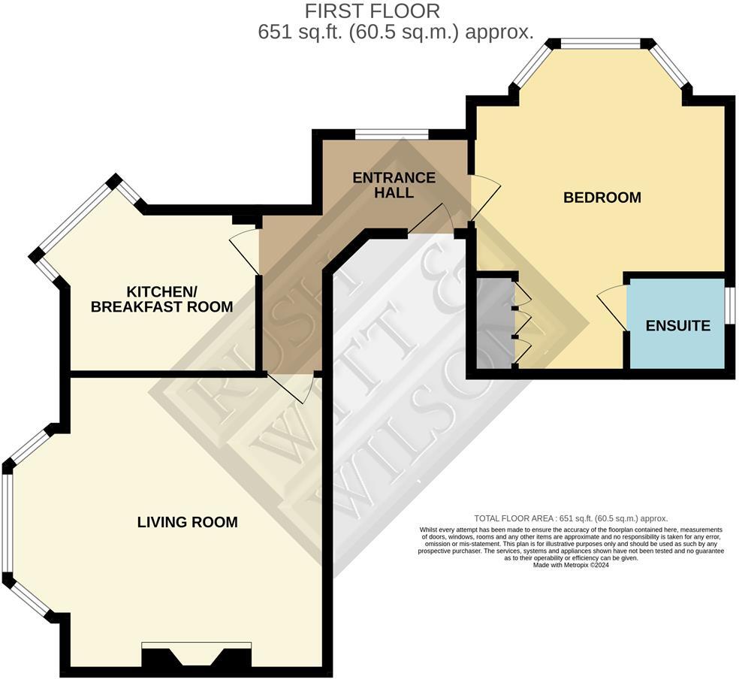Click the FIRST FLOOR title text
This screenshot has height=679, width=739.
point(372,11)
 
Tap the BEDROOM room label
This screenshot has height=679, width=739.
point(602,198)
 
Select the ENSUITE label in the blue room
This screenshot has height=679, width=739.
point(677,326)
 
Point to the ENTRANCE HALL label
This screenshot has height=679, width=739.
point(394,185)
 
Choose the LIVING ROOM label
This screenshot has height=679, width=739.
point(187,521)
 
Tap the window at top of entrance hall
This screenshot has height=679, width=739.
point(391,134)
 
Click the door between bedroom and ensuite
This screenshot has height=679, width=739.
point(613,305)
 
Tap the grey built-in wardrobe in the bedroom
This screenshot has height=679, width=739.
point(493,324)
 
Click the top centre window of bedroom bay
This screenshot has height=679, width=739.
point(600,44)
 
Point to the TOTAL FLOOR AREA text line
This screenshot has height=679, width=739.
point(571,518)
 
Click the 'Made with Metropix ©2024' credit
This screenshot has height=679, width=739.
point(571,566)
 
